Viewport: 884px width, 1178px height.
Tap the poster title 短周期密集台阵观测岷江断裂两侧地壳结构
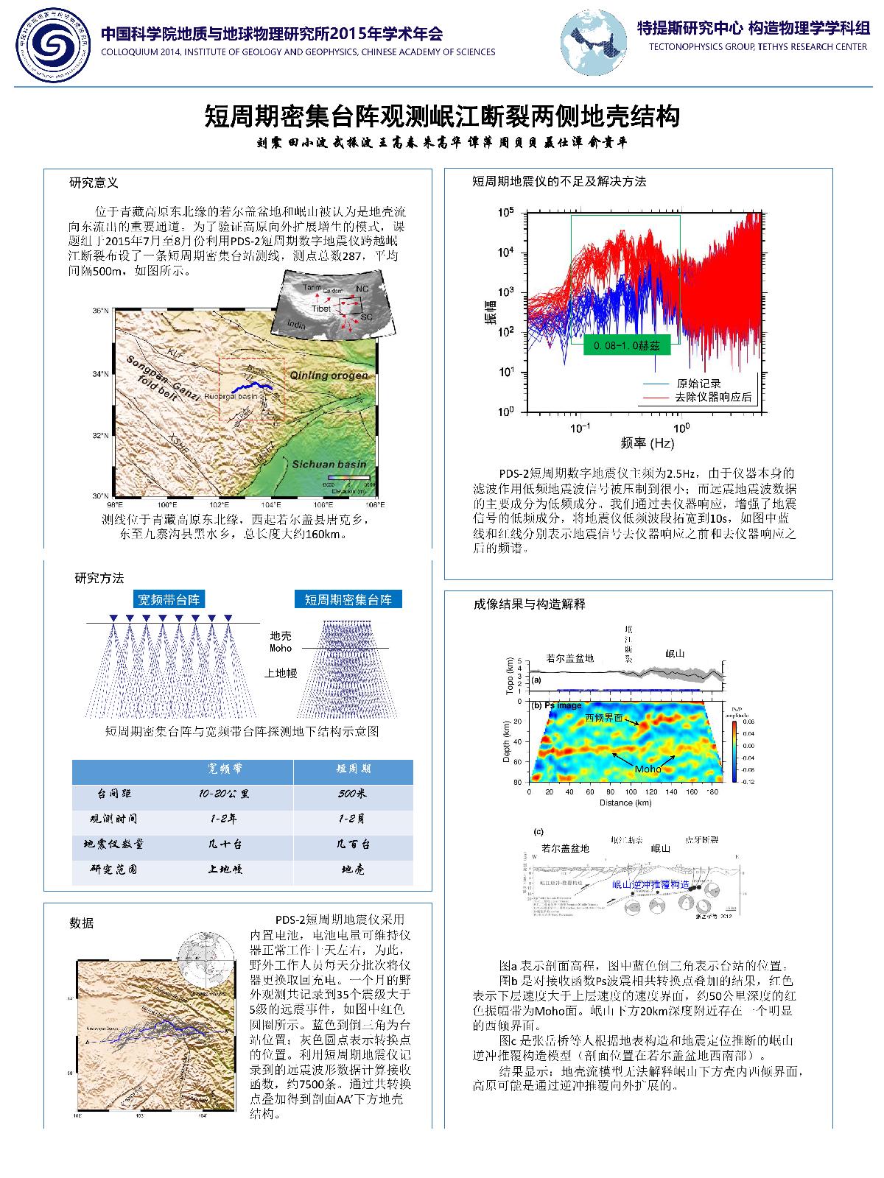click(441, 116)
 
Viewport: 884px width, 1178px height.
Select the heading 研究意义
click(94, 182)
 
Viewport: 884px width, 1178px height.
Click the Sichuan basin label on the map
click(329, 464)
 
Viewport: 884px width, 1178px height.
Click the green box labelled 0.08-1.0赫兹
click(626, 345)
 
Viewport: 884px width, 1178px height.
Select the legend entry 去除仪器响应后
click(713, 397)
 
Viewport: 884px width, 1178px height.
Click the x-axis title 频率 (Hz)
click(648, 442)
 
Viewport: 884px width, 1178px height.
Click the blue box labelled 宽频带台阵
click(169, 599)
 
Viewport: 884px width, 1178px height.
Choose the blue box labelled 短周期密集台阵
click(348, 599)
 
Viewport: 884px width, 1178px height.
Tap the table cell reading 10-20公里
click(224, 794)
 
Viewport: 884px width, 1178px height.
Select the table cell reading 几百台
click(353, 844)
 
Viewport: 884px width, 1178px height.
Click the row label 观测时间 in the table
click(113, 819)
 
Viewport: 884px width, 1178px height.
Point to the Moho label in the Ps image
click(648, 769)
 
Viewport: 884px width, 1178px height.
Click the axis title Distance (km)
click(626, 803)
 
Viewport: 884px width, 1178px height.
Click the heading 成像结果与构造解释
click(529, 604)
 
